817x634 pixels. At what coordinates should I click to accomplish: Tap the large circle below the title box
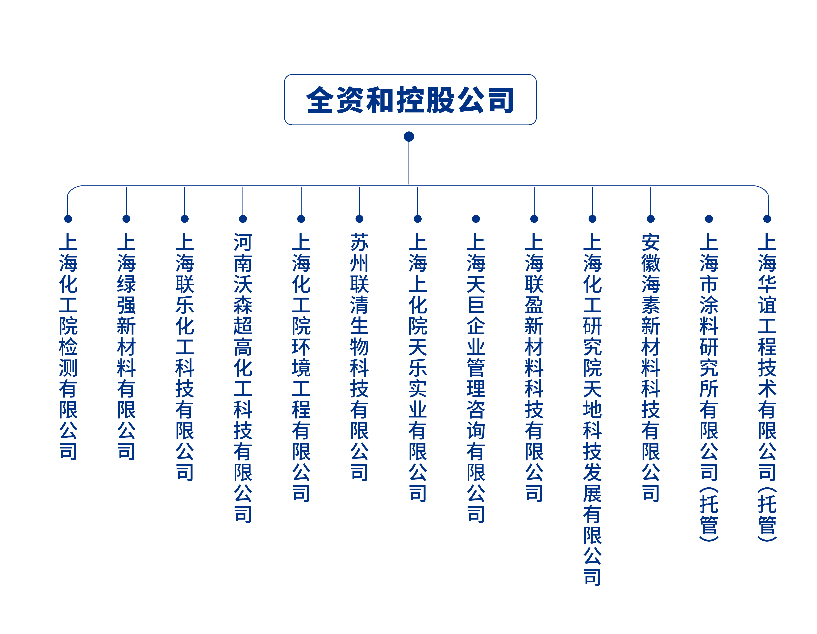(x=409, y=136)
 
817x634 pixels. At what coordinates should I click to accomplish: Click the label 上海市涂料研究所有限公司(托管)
(x=709, y=387)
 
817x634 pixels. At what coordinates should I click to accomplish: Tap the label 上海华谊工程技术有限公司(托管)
(x=767, y=387)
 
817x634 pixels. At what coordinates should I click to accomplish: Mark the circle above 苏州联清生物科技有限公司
(x=360, y=219)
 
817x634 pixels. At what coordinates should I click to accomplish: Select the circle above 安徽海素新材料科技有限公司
(x=651, y=219)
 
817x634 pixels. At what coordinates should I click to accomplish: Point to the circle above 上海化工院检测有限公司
(x=68, y=219)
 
